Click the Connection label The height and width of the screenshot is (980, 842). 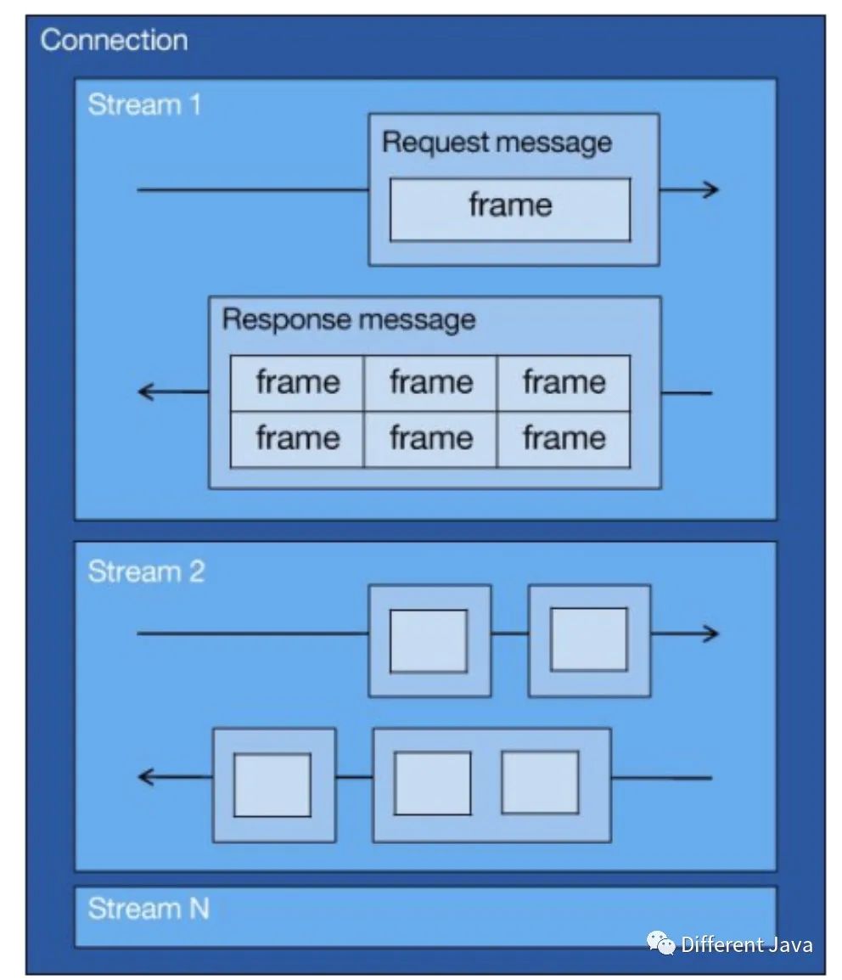pos(114,40)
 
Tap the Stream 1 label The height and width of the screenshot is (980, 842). pos(144,105)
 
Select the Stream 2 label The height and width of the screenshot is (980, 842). pos(146,572)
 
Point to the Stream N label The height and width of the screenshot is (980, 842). pos(148,909)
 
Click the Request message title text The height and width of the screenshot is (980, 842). pos(497,142)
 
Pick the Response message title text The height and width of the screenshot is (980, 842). pos(348,320)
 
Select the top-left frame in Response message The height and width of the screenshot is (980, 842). pos(297,383)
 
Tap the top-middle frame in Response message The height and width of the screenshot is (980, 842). pos(430,383)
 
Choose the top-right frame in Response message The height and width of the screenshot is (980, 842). pos(564,383)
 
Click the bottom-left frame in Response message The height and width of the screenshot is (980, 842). pos(297,439)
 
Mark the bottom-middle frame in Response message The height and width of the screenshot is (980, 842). pos(430,439)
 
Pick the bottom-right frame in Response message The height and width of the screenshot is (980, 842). pos(564,439)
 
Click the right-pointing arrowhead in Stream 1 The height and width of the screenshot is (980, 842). pos(711,189)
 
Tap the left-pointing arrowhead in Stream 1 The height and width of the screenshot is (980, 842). pos(146,392)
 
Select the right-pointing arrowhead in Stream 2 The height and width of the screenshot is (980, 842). pos(711,634)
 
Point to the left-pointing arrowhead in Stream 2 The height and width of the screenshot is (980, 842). pos(146,776)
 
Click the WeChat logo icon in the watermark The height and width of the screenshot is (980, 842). pos(661,943)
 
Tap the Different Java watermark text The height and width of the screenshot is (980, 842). pos(747,944)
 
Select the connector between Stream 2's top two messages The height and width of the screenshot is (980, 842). pos(509,634)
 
